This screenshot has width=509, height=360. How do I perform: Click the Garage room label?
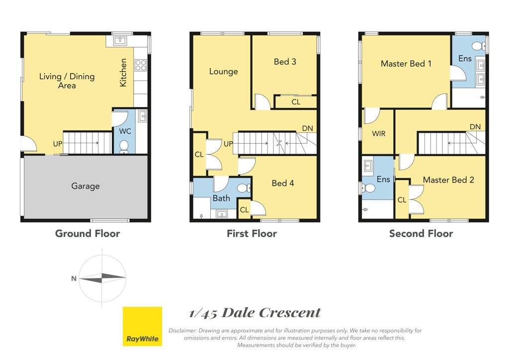click(x=85, y=186)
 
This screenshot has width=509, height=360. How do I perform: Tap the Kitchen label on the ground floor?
click(x=123, y=73)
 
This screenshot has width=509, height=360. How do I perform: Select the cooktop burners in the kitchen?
click(x=141, y=65)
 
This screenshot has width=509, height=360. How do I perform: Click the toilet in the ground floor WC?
click(x=124, y=147)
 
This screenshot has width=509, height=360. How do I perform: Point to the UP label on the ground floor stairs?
click(x=58, y=144)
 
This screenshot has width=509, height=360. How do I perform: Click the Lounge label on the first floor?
click(x=223, y=72)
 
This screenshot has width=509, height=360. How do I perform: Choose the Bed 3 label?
click(x=285, y=62)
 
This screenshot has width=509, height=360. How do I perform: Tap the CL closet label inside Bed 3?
click(x=296, y=102)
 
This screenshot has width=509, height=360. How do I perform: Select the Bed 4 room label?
click(x=283, y=183)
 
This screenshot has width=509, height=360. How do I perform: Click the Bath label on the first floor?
click(x=221, y=198)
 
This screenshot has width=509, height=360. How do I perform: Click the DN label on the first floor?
click(x=307, y=129)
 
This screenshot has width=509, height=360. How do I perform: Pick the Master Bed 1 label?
click(x=406, y=64)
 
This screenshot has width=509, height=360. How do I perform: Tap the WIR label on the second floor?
click(x=378, y=133)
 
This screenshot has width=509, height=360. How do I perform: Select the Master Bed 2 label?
click(x=448, y=180)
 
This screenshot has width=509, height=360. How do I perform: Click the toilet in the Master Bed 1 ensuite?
click(x=479, y=46)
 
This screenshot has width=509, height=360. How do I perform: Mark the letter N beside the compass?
click(x=74, y=278)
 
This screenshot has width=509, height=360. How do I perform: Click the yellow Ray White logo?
click(x=142, y=326)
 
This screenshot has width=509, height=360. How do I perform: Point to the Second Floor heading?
click(x=421, y=233)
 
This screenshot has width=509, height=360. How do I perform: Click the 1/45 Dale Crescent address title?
click(x=255, y=313)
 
